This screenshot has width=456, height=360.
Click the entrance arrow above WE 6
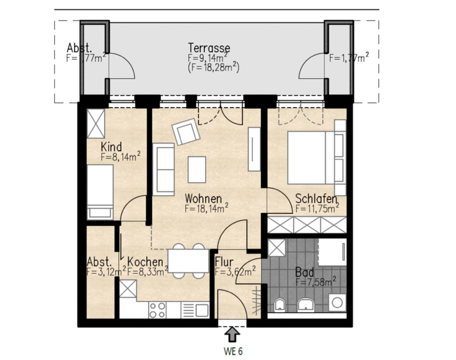click(x=232, y=335)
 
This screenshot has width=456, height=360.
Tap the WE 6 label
click(x=233, y=351)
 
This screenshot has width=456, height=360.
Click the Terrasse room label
click(x=209, y=48)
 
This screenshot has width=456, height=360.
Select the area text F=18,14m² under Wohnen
click(x=206, y=208)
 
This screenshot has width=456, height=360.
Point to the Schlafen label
click(x=316, y=199)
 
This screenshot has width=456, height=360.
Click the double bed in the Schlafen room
click(x=311, y=157)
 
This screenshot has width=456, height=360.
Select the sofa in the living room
click(x=164, y=169)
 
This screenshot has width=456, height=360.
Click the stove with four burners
click(x=157, y=310)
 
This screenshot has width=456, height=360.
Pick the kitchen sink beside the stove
click(x=195, y=310)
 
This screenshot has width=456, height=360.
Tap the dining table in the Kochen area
click(x=188, y=261)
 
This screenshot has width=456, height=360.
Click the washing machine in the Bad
click(x=337, y=303)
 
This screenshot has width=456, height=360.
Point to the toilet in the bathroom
click(x=280, y=305)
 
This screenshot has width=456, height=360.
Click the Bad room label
click(x=304, y=273)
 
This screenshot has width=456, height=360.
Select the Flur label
click(x=224, y=262)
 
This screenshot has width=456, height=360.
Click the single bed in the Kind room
click(x=100, y=192)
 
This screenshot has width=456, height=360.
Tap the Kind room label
click(x=111, y=147)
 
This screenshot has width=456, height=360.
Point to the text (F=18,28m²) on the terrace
click(x=214, y=68)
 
